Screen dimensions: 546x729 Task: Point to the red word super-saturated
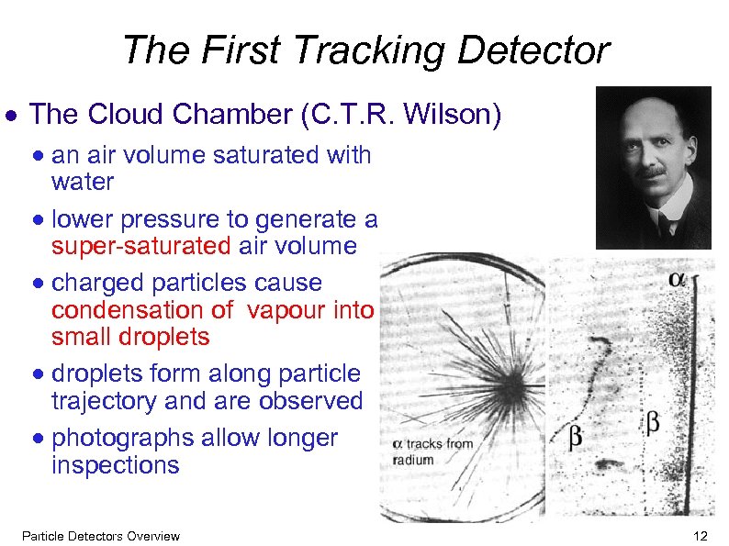pos(142,246)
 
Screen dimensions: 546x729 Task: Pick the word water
pos(83,182)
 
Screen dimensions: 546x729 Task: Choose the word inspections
pos(116,465)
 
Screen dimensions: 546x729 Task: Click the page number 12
pos(701,536)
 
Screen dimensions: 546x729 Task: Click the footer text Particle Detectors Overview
pos(100,536)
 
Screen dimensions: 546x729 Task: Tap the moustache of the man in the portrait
pos(653,173)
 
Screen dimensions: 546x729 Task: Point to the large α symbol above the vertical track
pos(678,278)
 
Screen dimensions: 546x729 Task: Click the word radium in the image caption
pos(412,460)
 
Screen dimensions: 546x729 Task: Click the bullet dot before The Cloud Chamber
pos(13,117)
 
